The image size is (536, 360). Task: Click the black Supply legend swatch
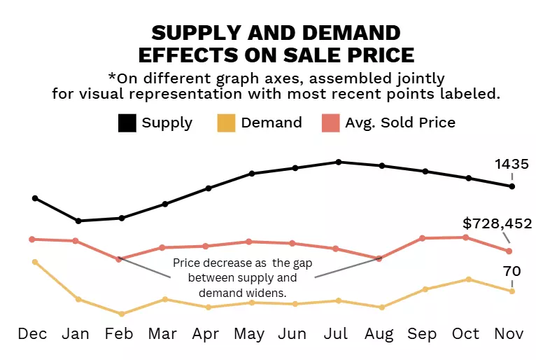127,123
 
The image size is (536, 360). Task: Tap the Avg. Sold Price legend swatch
330,123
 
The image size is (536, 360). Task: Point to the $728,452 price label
498,223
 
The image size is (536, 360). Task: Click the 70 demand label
512,271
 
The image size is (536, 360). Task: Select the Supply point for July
339,162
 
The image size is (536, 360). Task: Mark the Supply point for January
78,221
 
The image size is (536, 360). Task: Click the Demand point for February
122,314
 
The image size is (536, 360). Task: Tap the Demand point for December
35,262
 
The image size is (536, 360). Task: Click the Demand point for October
467,279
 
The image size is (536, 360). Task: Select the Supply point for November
512,186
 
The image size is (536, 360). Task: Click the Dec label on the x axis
32,333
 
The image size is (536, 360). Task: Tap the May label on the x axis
249,333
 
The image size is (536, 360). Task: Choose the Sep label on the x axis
423,333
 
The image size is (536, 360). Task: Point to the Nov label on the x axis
509,333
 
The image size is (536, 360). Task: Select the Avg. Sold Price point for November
509,251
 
